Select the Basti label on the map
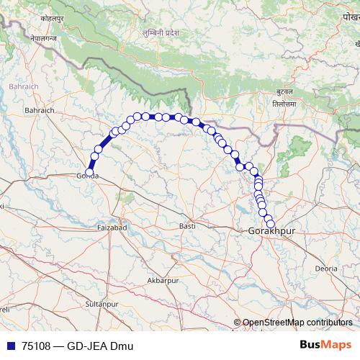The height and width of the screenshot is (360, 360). [187, 227]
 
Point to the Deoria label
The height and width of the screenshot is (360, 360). [326, 268]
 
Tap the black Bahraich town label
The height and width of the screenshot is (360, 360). [39, 110]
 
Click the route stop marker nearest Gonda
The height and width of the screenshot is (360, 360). [94, 157]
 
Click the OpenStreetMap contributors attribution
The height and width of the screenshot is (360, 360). [297, 323]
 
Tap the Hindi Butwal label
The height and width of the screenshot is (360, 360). [284, 94]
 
